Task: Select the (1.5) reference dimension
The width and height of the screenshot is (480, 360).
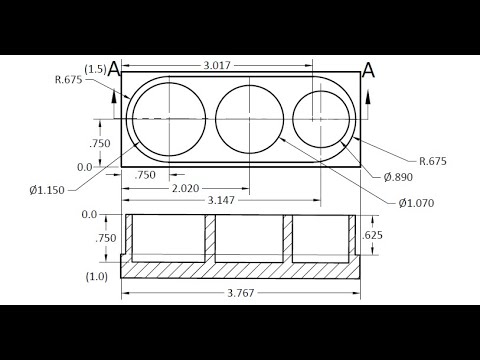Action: coord(95,69)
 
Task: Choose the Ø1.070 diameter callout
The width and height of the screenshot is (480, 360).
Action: coord(415,203)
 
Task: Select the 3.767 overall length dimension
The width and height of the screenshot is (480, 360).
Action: coord(239,293)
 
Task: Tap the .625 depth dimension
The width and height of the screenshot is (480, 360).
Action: coord(373,236)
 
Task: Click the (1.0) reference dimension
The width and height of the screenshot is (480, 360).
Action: coord(96,276)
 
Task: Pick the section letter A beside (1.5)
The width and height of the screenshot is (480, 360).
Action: coord(114,69)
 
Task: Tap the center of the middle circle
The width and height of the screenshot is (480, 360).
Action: coord(246,119)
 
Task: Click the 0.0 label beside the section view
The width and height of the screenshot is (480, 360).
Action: coord(89,214)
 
